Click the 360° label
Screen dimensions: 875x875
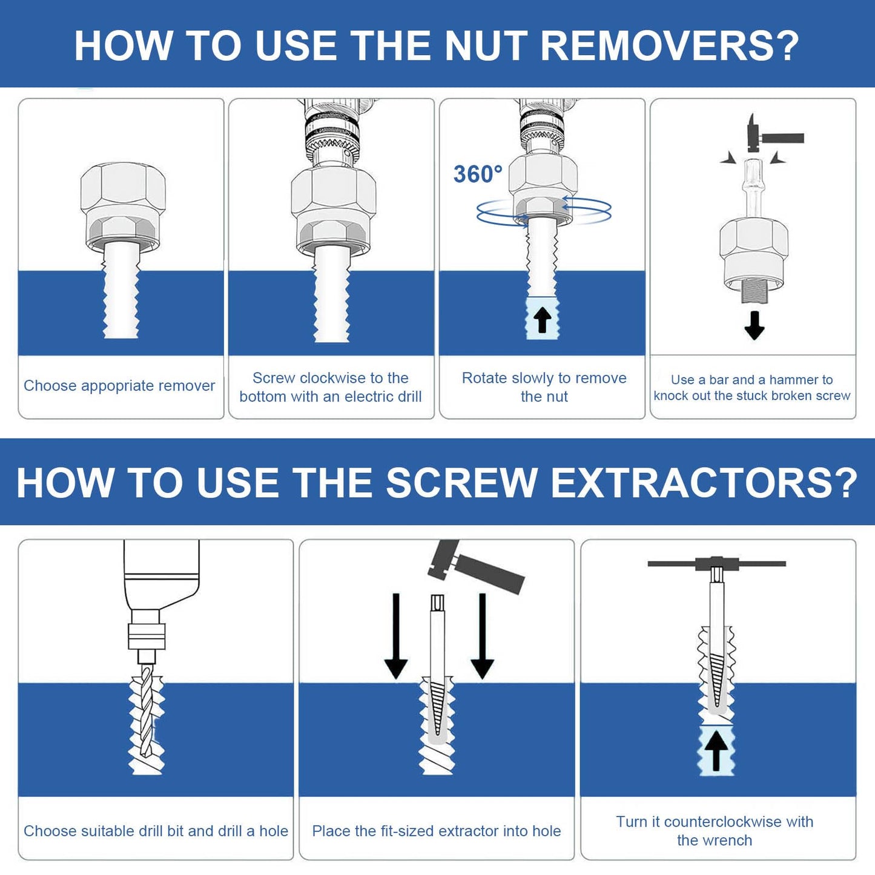coord(478,174)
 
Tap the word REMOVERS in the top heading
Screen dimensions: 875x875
coord(670,46)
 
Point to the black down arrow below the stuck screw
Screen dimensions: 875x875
coord(754,325)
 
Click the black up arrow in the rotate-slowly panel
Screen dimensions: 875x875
coord(543,320)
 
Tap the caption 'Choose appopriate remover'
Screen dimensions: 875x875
coord(119,386)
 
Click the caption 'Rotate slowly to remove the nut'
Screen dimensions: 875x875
coord(544,387)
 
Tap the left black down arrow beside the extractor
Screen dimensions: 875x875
coord(396,636)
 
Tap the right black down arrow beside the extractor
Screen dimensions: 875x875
coord(482,636)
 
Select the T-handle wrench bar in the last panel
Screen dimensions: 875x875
coord(716,564)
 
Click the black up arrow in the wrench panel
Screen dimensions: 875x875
coord(716,750)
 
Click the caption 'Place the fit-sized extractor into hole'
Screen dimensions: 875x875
coord(436,831)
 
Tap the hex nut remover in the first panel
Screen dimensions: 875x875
coord(123,206)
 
